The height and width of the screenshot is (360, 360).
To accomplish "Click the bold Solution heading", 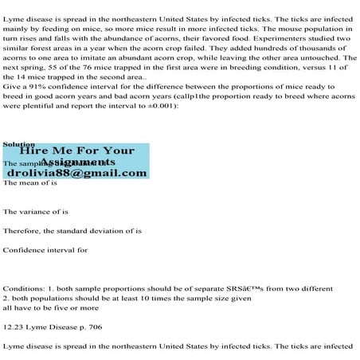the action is [x=18, y=144].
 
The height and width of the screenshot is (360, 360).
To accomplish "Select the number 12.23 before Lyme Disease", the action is [x=14, y=326].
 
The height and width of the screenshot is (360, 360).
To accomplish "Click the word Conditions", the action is [x=23, y=288].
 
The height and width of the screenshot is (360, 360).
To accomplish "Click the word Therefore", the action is [x=22, y=231].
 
